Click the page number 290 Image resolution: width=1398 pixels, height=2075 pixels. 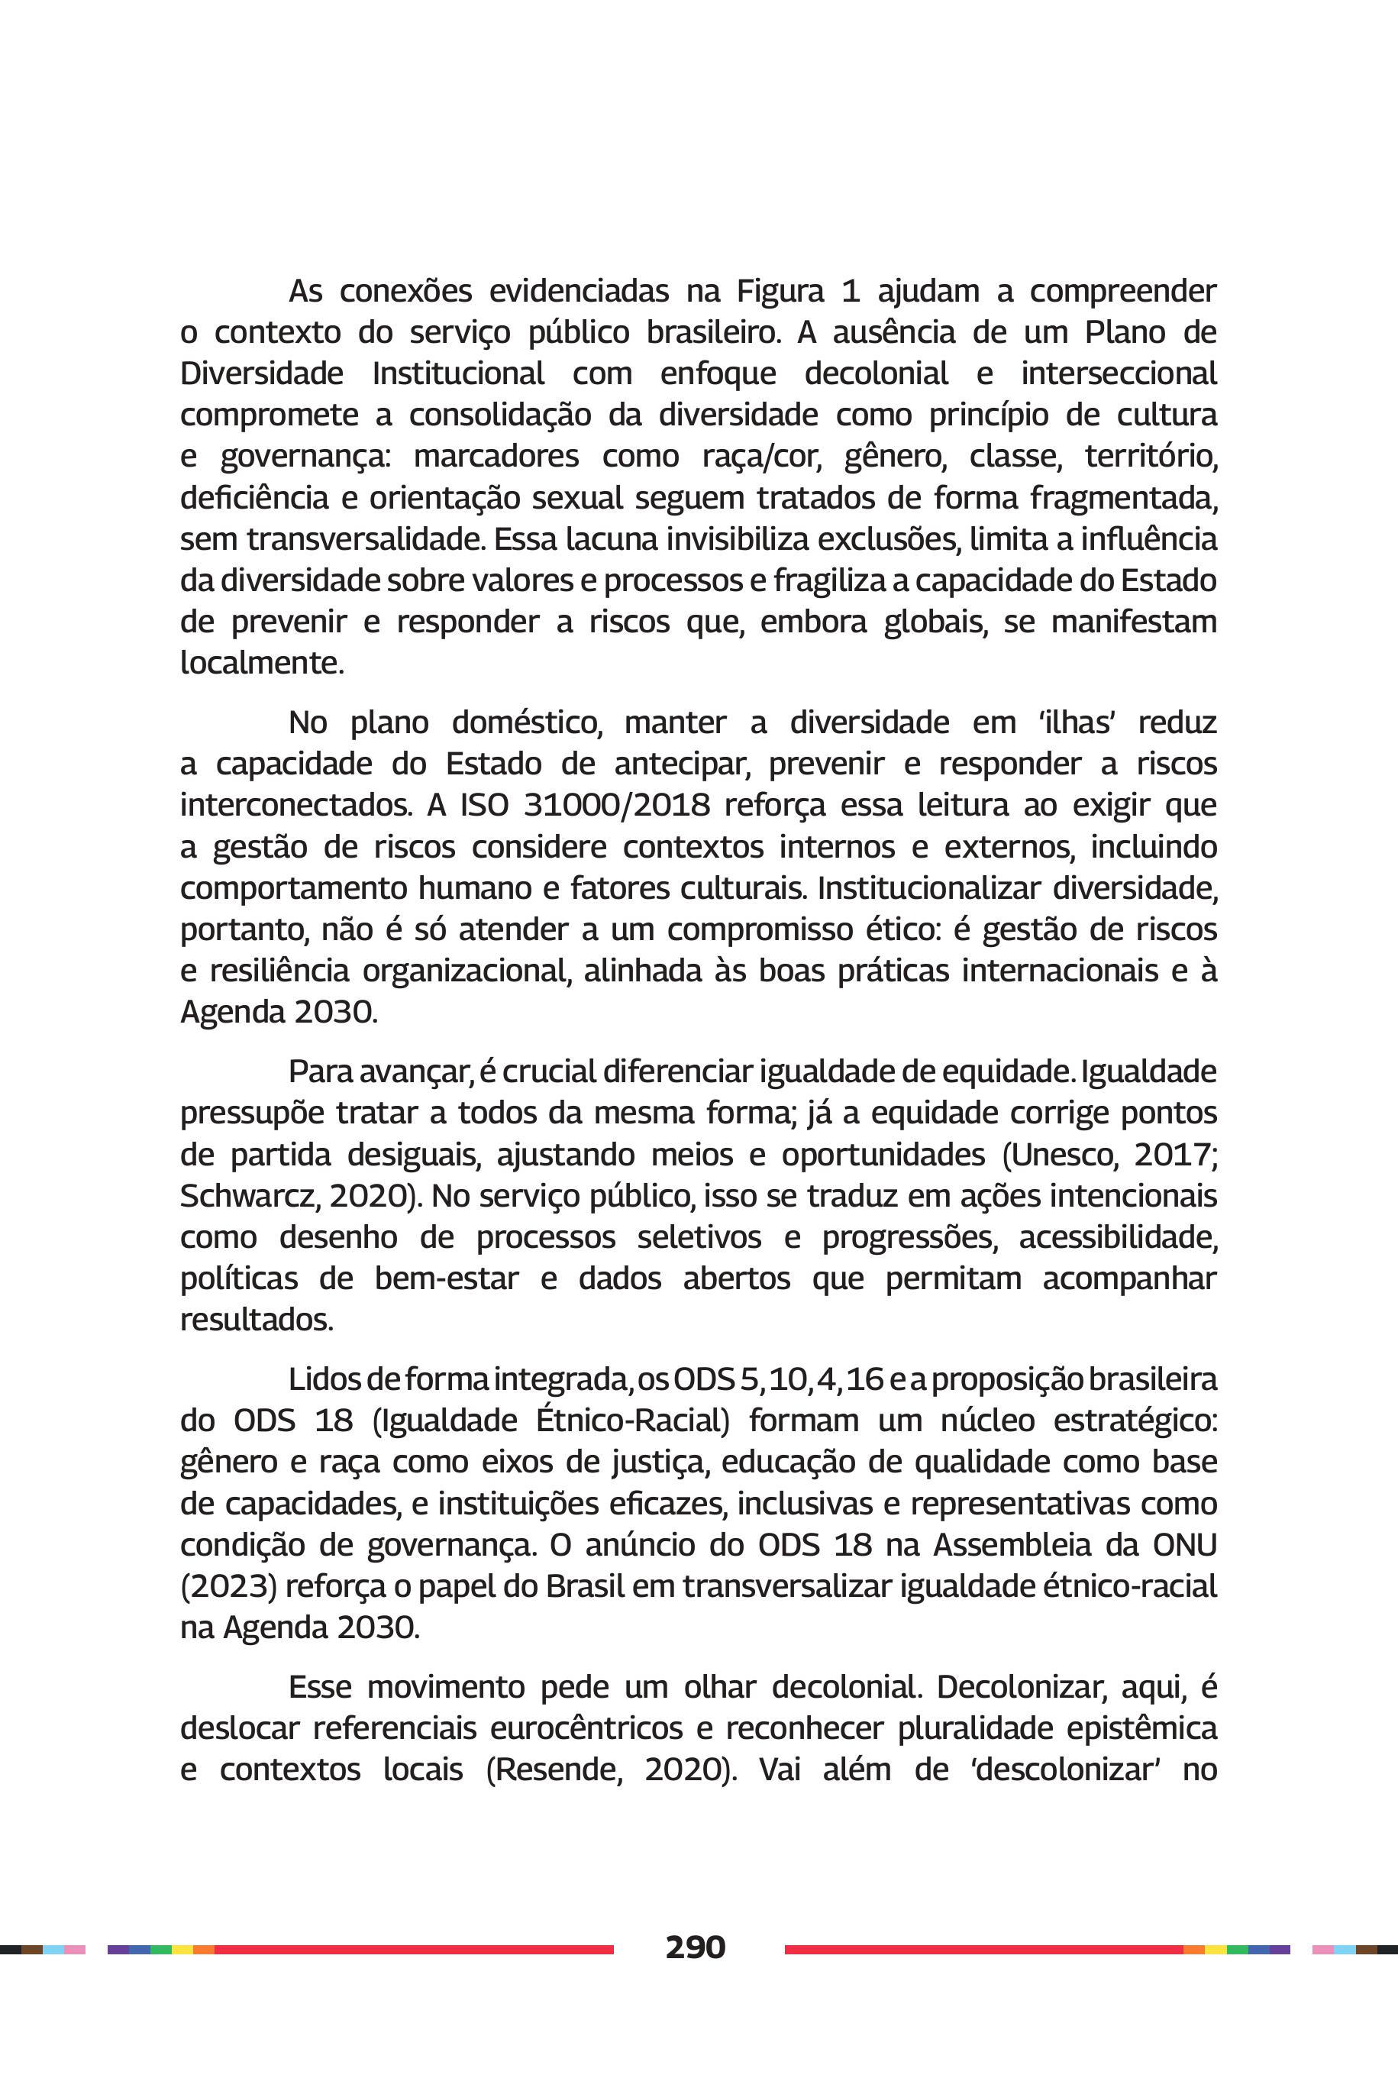(695, 1947)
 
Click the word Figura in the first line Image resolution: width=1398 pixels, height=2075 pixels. (780, 292)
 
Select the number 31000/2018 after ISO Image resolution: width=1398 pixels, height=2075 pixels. (617, 805)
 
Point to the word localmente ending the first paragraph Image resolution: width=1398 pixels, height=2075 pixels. (261, 663)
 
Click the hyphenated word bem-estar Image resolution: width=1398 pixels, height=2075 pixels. (446, 1278)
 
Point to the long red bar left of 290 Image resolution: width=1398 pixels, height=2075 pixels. (414, 1949)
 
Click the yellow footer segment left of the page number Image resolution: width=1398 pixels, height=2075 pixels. (182, 1949)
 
